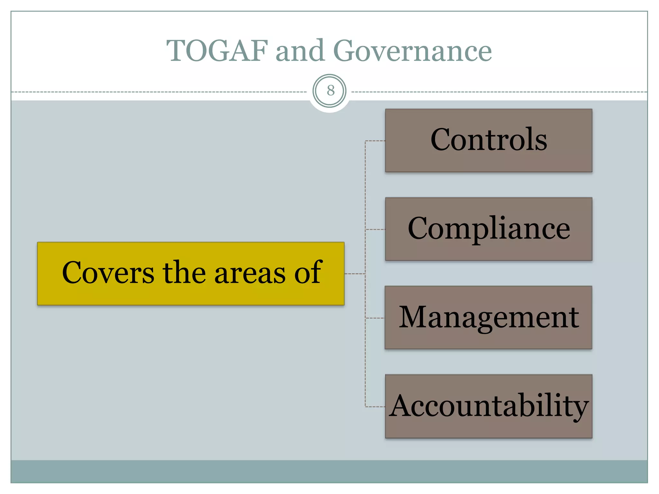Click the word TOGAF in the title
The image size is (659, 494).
[217, 50]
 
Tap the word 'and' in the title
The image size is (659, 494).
[300, 50]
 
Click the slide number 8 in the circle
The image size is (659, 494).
[330, 91]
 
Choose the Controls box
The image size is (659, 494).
[488, 140]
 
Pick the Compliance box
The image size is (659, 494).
[488, 229]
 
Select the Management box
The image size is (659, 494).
[488, 317]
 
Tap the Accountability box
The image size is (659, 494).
[488, 406]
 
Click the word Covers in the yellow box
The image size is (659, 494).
[108, 273]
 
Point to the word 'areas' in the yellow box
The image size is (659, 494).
[250, 273]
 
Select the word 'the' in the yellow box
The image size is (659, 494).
[184, 273]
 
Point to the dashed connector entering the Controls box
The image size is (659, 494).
[375, 141]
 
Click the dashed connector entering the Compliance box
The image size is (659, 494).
[375, 230]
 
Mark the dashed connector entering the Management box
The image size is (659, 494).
[375, 318]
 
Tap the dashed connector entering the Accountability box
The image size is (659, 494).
[375, 407]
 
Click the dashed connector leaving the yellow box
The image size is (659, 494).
[355, 274]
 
